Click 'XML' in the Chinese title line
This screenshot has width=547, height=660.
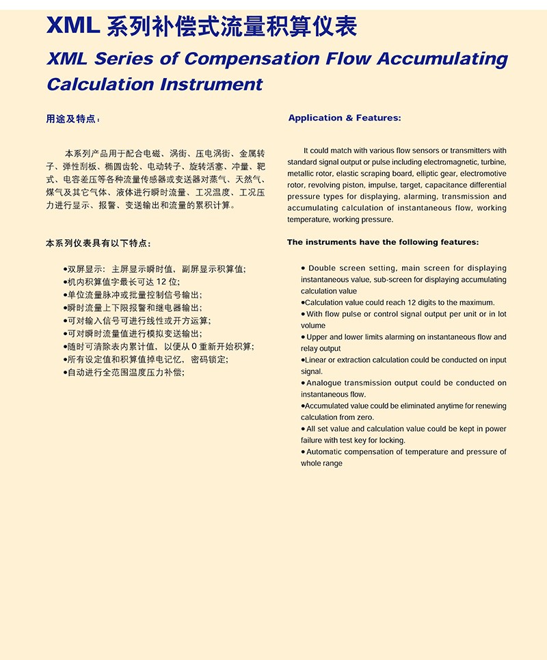click(x=74, y=26)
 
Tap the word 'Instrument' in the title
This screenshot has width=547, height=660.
click(x=211, y=85)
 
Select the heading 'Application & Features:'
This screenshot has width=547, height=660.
click(x=345, y=118)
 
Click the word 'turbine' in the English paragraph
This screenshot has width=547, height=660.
click(x=493, y=162)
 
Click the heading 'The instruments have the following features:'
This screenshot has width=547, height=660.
click(x=383, y=242)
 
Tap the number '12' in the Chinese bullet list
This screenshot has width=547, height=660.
click(x=161, y=282)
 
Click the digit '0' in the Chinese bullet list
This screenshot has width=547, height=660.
click(x=194, y=347)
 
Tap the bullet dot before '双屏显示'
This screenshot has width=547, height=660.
click(x=64, y=269)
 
